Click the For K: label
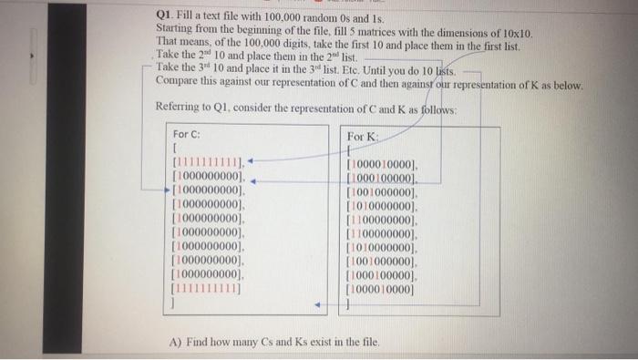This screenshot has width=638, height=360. pyautogui.click(x=362, y=137)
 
